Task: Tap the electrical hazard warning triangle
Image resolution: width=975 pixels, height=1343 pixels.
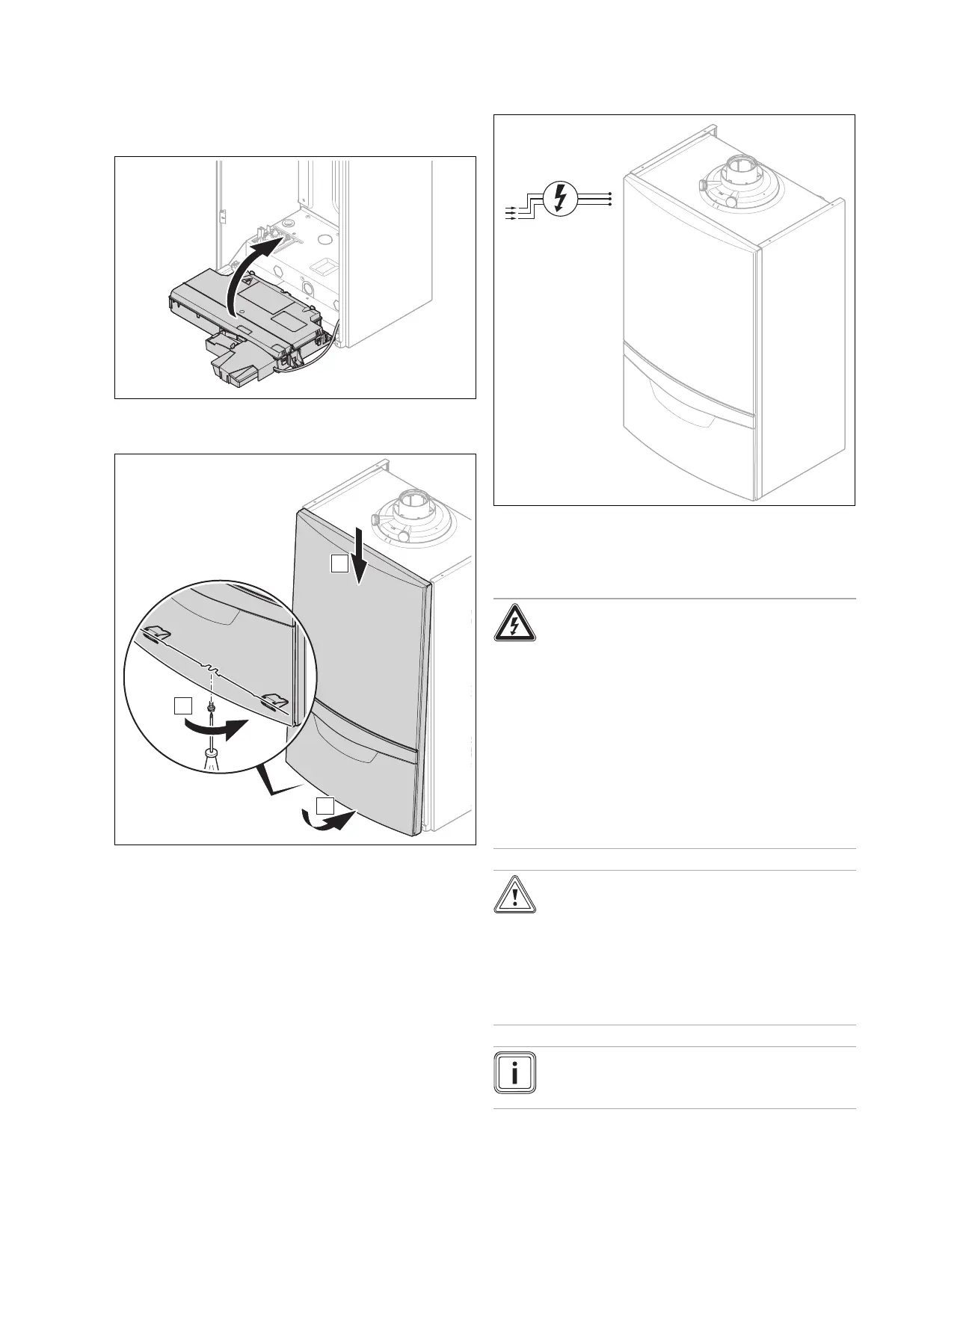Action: [x=514, y=624]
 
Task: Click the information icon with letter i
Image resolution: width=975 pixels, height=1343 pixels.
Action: [x=514, y=1072]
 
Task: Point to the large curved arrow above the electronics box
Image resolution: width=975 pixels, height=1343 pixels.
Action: [x=253, y=269]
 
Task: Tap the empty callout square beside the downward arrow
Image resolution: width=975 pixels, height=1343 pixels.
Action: [x=339, y=564]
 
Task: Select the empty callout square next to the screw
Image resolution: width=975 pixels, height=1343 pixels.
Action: [x=183, y=706]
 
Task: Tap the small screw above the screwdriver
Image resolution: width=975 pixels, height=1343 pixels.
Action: [x=212, y=705]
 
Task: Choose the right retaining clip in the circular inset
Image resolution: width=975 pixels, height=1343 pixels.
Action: [x=274, y=701]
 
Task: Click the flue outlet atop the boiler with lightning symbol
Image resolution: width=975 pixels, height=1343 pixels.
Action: [x=739, y=179]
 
